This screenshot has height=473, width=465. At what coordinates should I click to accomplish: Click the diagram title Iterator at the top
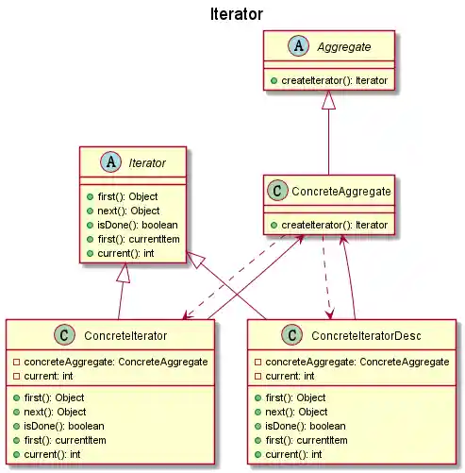pos(232,14)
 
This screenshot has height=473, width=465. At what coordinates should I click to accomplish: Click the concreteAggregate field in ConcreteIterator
pos(110,362)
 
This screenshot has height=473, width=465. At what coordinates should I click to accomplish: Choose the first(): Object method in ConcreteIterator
pos(58,397)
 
